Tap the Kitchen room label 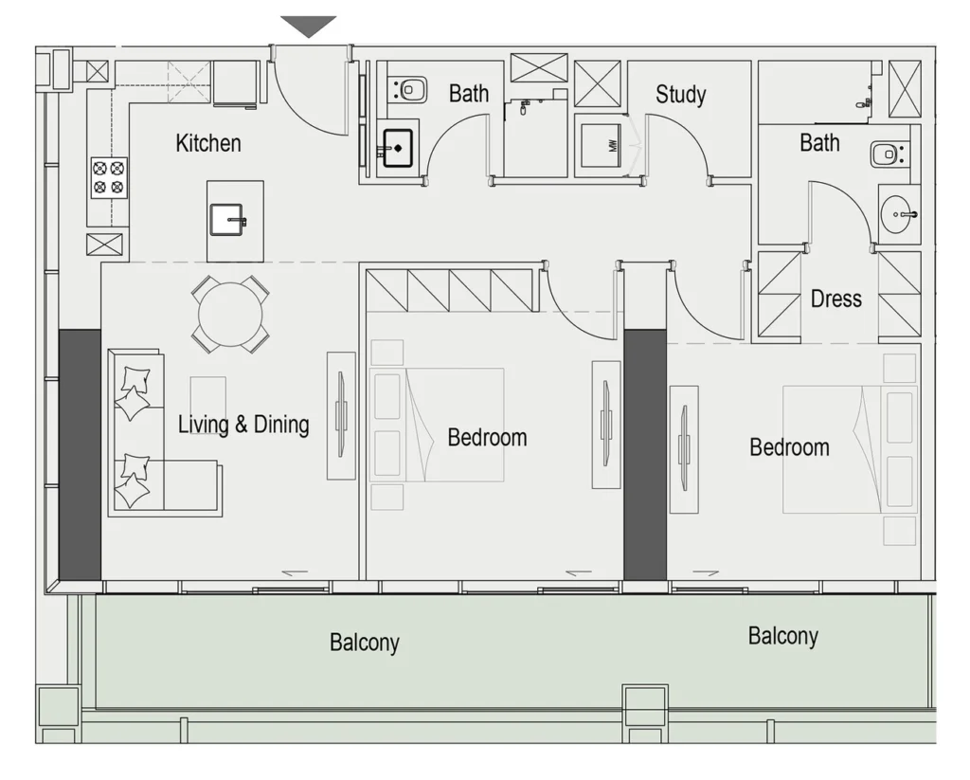[208, 143]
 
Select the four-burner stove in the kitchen [110, 177]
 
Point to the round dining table [230, 315]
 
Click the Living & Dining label [243, 425]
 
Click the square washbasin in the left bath [398, 148]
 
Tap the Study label [680, 94]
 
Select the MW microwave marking [613, 146]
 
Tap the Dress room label [836, 299]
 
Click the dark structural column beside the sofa [80, 455]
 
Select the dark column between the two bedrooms [645, 455]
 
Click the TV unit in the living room [341, 415]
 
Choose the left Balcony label [365, 643]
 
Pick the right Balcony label [783, 636]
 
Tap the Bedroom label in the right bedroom [789, 447]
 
